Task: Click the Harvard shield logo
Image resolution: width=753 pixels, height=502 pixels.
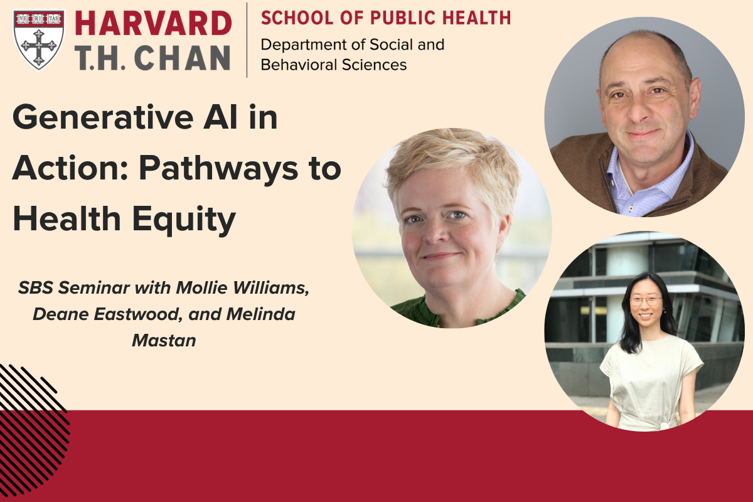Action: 39,40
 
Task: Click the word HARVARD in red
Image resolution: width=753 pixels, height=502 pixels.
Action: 153,23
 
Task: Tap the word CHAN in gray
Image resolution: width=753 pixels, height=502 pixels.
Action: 182,58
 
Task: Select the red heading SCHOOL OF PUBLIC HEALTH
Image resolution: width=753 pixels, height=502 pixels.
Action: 385,18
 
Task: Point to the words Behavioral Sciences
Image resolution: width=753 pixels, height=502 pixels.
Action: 333,65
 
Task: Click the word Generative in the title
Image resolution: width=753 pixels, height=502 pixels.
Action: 103,118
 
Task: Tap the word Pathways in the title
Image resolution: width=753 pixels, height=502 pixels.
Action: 218,168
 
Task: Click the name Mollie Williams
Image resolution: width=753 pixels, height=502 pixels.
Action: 242,288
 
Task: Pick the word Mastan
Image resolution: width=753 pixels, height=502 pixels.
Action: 164,341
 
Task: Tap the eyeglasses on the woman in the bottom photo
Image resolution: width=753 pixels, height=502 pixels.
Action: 646,301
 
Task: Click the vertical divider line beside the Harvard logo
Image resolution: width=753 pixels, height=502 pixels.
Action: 247,40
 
